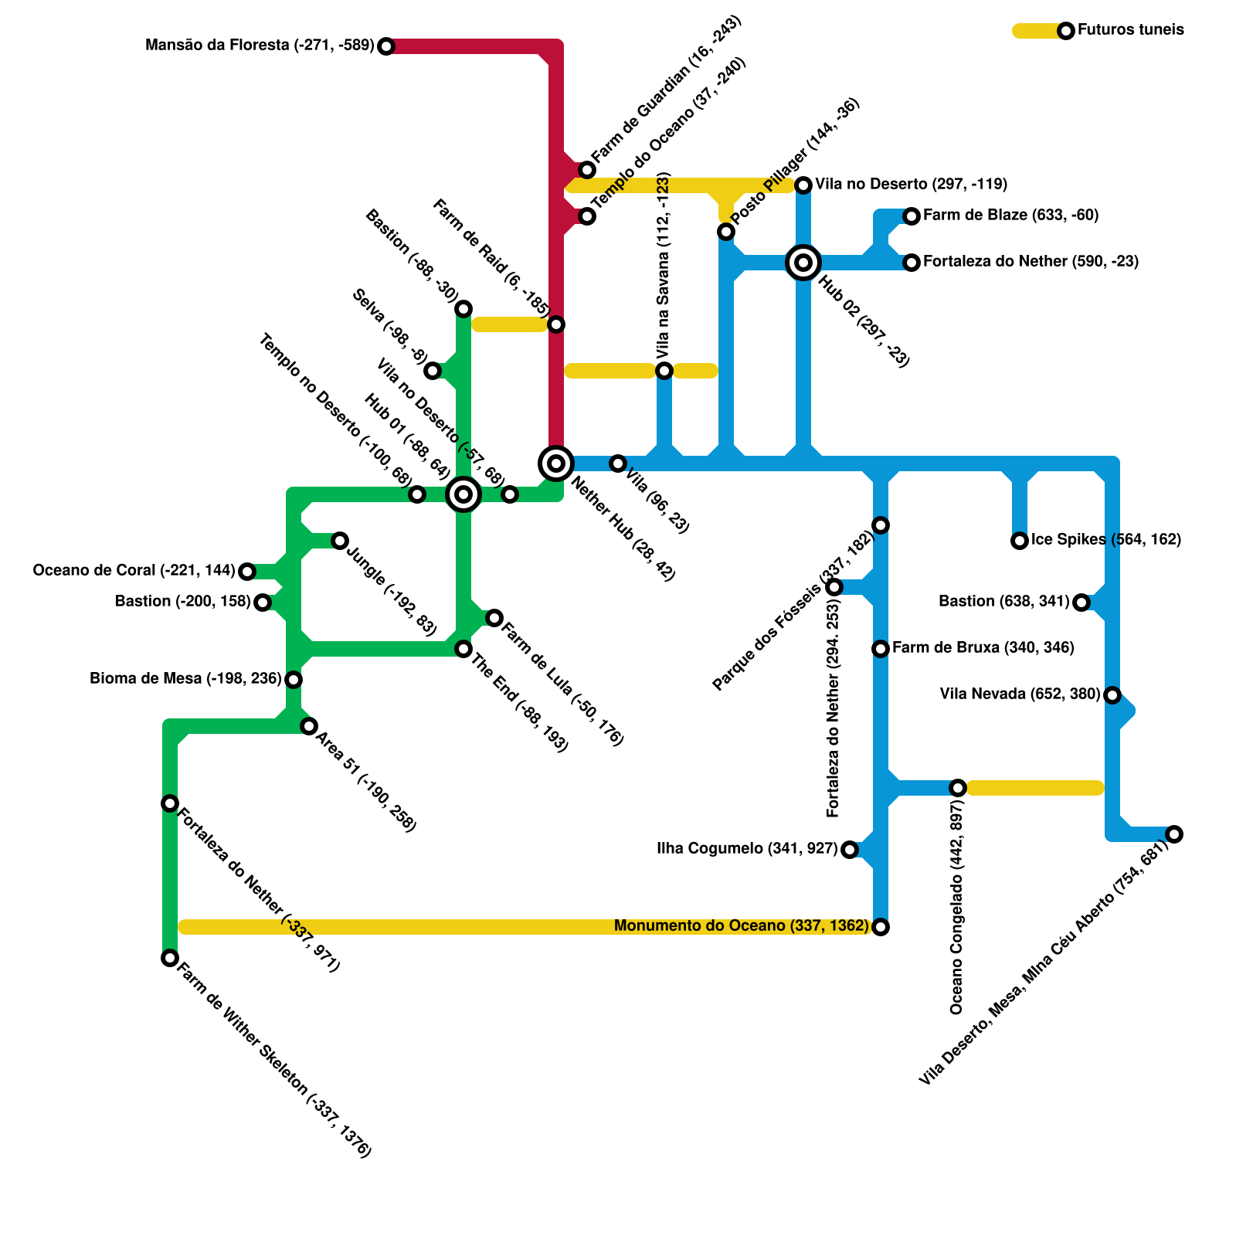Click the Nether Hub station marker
[556, 463]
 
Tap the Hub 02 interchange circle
[803, 263]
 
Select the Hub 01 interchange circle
[463, 494]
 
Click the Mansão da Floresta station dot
[386, 46]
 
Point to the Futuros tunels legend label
[1130, 30]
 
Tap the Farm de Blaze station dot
[912, 216]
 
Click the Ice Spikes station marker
[1020, 541]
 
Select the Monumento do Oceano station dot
[881, 927]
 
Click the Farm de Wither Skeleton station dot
[170, 958]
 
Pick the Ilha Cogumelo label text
[747, 849]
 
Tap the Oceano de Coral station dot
[247, 572]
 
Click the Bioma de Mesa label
[185, 679]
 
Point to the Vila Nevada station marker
[1112, 695]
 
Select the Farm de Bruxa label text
[983, 648]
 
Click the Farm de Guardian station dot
[587, 170]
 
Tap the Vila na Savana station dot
[664, 371]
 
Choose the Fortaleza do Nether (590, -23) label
[1031, 262]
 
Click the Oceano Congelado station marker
[958, 788]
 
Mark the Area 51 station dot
[309, 726]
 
